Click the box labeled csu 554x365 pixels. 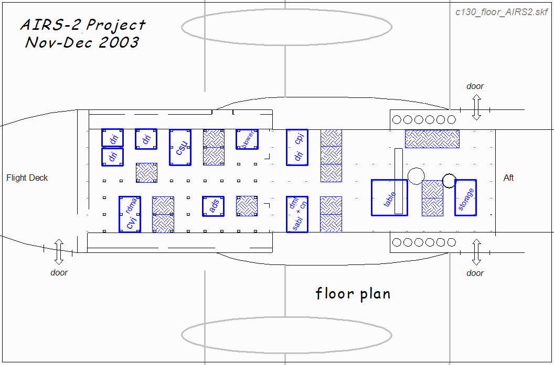(180, 147)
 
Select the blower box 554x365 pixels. (247, 139)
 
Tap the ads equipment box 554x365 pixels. (214, 206)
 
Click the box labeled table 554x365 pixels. (389, 197)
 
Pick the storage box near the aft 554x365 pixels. (465, 197)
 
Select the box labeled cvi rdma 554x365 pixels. (130, 214)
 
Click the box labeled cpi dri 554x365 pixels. (297, 147)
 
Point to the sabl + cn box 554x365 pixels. (297, 214)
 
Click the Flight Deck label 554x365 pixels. (27, 178)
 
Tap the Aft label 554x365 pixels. (508, 178)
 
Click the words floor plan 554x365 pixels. (353, 293)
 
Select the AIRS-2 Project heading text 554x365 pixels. (83, 25)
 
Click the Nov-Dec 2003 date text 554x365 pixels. (82, 42)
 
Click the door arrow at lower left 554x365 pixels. (59, 251)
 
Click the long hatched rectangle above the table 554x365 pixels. (432, 139)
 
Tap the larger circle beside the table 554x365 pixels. (415, 176)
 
